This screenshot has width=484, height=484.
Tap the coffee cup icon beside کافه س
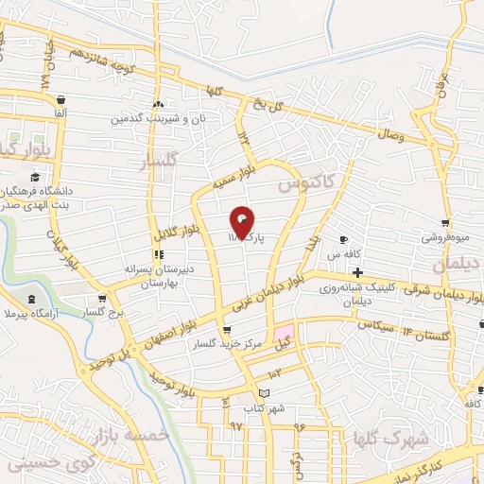point(344,240)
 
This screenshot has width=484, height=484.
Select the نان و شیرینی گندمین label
point(158,119)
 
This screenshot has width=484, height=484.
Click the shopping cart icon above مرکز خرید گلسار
point(226,330)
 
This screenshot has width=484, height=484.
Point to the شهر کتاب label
point(264,407)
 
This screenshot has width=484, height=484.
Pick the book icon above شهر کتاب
point(264,393)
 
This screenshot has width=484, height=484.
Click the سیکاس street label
point(375,324)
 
